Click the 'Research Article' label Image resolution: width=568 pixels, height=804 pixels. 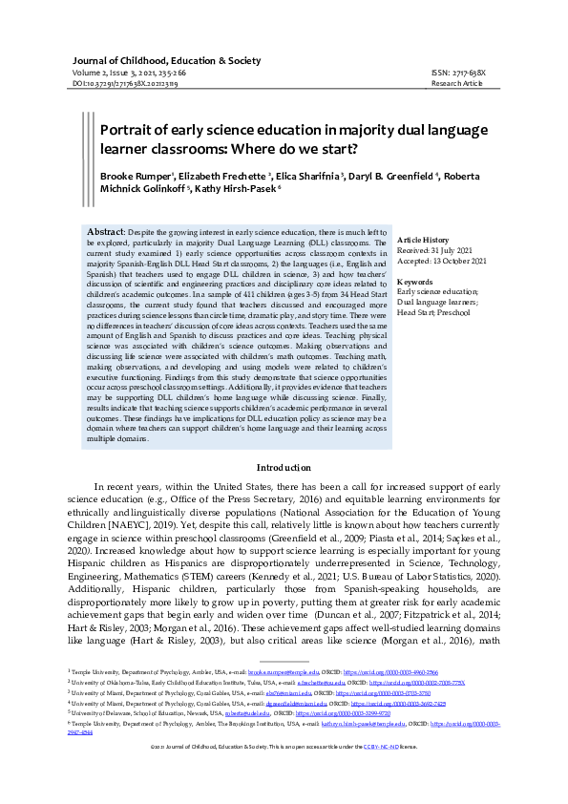(458, 84)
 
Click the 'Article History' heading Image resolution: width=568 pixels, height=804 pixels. (423, 239)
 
